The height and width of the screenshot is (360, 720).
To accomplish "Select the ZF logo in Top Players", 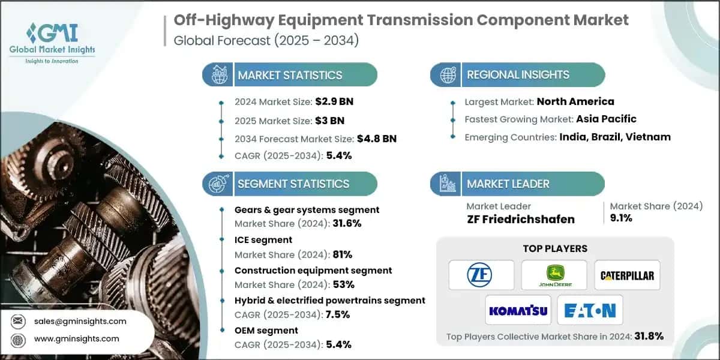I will coord(481,275).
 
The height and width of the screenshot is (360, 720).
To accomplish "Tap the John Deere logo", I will coord(554,275).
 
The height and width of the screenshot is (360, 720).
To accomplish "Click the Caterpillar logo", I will coord(627,275).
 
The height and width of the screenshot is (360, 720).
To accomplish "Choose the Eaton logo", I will coord(590,310).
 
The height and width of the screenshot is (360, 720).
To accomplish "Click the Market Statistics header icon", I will coord(218,75).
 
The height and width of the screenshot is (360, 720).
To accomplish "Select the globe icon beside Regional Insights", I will coord(448,75).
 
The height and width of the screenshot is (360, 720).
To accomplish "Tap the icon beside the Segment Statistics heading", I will coord(218,184).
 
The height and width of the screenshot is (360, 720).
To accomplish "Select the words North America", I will coord(575,101).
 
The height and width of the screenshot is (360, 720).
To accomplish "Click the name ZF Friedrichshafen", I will coord(520,219).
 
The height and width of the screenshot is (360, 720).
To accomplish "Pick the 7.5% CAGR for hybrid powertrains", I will coord(338,314).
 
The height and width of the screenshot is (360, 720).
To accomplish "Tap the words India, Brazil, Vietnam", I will coord(615,137).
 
